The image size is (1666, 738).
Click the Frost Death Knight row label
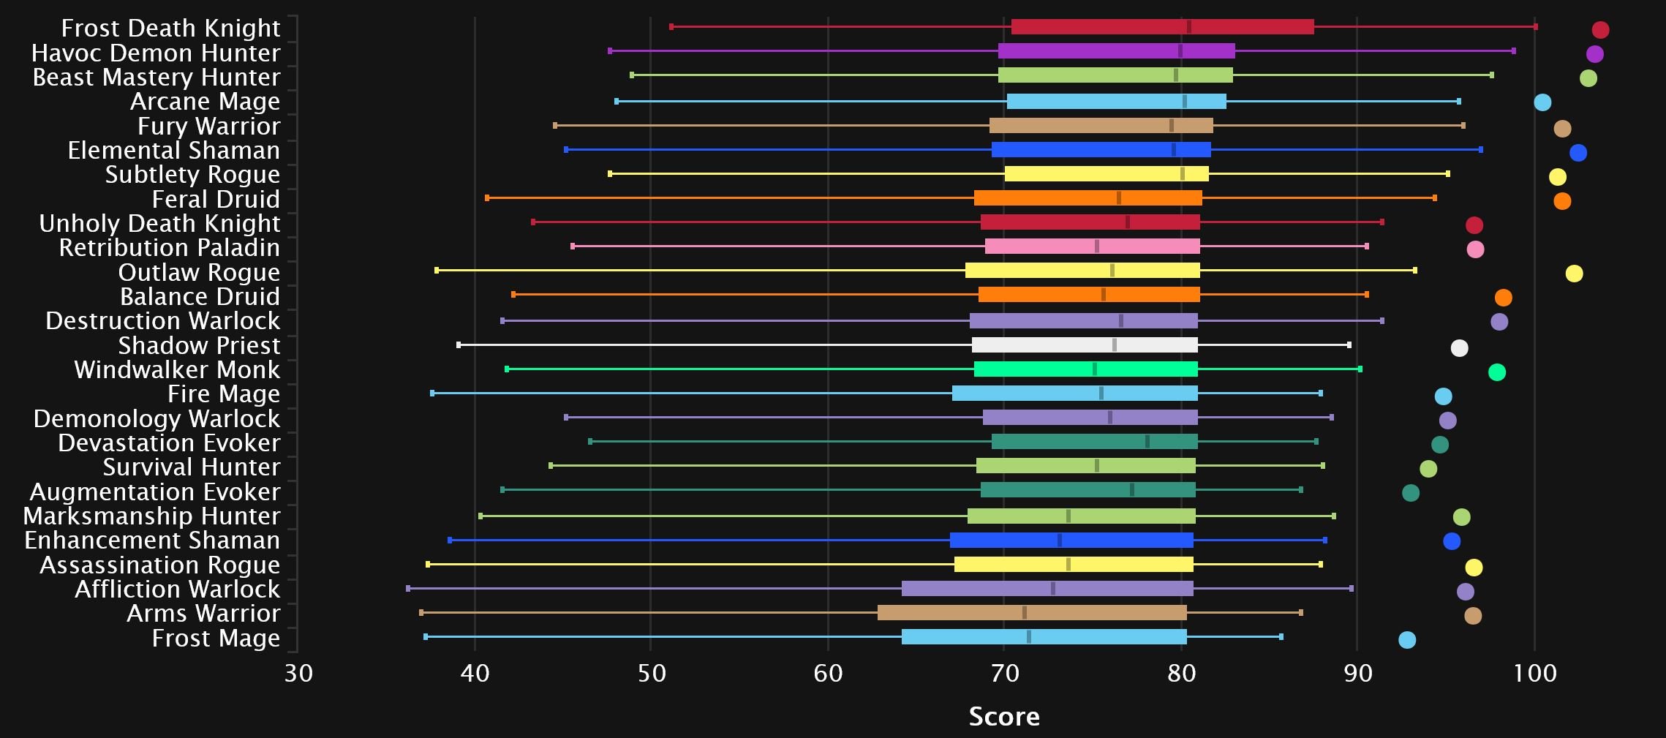click(x=170, y=28)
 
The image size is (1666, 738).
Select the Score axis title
click(x=1003, y=716)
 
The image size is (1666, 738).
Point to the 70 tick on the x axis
click(x=1004, y=672)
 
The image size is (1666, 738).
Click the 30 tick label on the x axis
click(x=298, y=672)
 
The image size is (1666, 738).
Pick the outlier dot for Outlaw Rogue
click(x=1574, y=274)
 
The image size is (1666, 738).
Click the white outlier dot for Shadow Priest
click(x=1459, y=348)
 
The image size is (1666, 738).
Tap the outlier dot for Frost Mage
click(x=1406, y=640)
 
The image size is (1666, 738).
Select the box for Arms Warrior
click(x=1032, y=613)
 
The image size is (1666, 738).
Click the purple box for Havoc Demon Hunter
click(x=1116, y=51)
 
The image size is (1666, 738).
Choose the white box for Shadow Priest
click(x=1085, y=345)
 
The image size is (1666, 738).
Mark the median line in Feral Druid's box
click(x=1119, y=198)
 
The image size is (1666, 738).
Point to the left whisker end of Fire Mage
click(x=432, y=394)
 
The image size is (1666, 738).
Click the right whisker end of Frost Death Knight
click(x=1535, y=27)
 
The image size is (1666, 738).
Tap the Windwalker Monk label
click(x=177, y=369)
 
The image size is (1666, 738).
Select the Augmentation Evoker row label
click(x=154, y=492)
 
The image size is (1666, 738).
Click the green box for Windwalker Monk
click(x=1085, y=369)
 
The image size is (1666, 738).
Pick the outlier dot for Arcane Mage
click(x=1542, y=102)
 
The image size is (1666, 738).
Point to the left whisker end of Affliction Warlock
click(x=408, y=588)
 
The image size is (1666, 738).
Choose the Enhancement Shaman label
click(x=152, y=540)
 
